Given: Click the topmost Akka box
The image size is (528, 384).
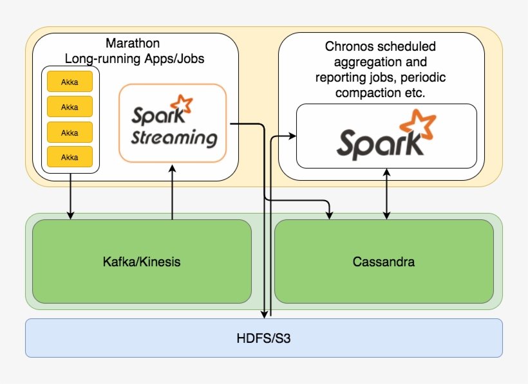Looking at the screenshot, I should point(70,82).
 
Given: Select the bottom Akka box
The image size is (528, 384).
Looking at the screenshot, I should point(70,157).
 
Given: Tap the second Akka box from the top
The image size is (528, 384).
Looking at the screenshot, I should point(70,107).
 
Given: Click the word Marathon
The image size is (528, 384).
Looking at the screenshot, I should point(133,44).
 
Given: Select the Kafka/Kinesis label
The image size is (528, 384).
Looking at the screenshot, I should point(142,262).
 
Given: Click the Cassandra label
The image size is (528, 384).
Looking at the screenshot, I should point(384,262).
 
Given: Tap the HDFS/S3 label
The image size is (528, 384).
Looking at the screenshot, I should point(263,337).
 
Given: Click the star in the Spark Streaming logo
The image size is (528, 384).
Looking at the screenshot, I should point(183,104).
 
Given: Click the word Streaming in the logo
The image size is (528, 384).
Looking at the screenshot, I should point(174,138).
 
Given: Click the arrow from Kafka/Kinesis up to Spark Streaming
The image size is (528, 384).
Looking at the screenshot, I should point(172,193).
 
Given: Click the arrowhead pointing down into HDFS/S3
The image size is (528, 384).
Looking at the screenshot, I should point(265,314).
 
